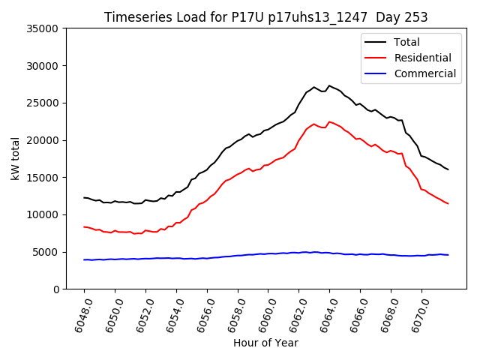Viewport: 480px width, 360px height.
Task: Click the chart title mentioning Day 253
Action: (266, 17)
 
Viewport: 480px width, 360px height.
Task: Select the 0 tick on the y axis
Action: (56, 289)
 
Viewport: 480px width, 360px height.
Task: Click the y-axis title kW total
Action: (15, 159)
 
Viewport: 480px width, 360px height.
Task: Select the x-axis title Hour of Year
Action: (265, 343)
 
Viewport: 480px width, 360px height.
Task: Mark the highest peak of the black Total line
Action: (329, 85)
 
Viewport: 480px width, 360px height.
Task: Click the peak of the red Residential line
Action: (329, 121)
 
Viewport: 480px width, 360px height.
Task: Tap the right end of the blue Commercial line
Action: (448, 255)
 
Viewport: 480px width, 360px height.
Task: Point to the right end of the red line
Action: (448, 204)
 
